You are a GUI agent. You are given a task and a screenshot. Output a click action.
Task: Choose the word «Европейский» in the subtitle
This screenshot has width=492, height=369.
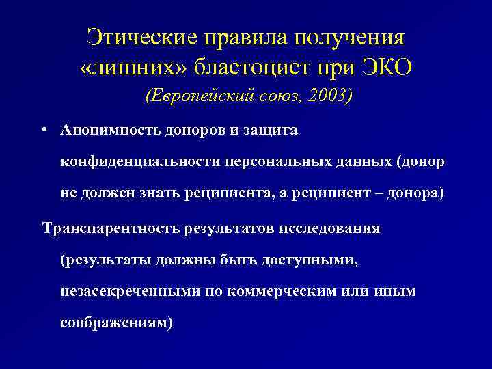(191, 96)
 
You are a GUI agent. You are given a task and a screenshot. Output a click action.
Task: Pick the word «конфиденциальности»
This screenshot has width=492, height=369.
(139, 161)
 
